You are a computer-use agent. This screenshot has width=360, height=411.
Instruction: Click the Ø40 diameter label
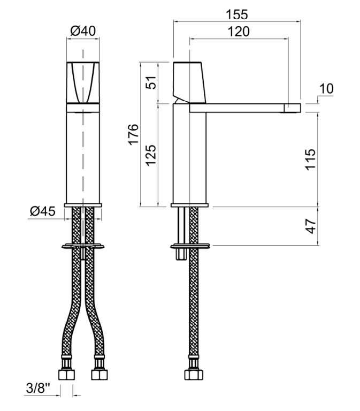83,31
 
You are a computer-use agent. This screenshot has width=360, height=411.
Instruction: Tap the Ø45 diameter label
43,211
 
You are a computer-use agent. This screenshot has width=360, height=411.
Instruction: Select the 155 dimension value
237,14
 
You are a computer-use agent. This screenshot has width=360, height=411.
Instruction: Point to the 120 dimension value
239,32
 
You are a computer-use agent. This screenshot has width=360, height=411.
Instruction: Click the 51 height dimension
151,82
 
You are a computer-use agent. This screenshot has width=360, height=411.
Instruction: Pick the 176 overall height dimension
133,134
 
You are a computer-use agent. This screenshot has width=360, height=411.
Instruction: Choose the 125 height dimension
151,155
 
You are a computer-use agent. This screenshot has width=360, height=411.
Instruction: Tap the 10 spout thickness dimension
326,89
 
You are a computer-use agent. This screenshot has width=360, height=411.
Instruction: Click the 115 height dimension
310,159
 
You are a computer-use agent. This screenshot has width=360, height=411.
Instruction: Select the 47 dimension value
311,226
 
